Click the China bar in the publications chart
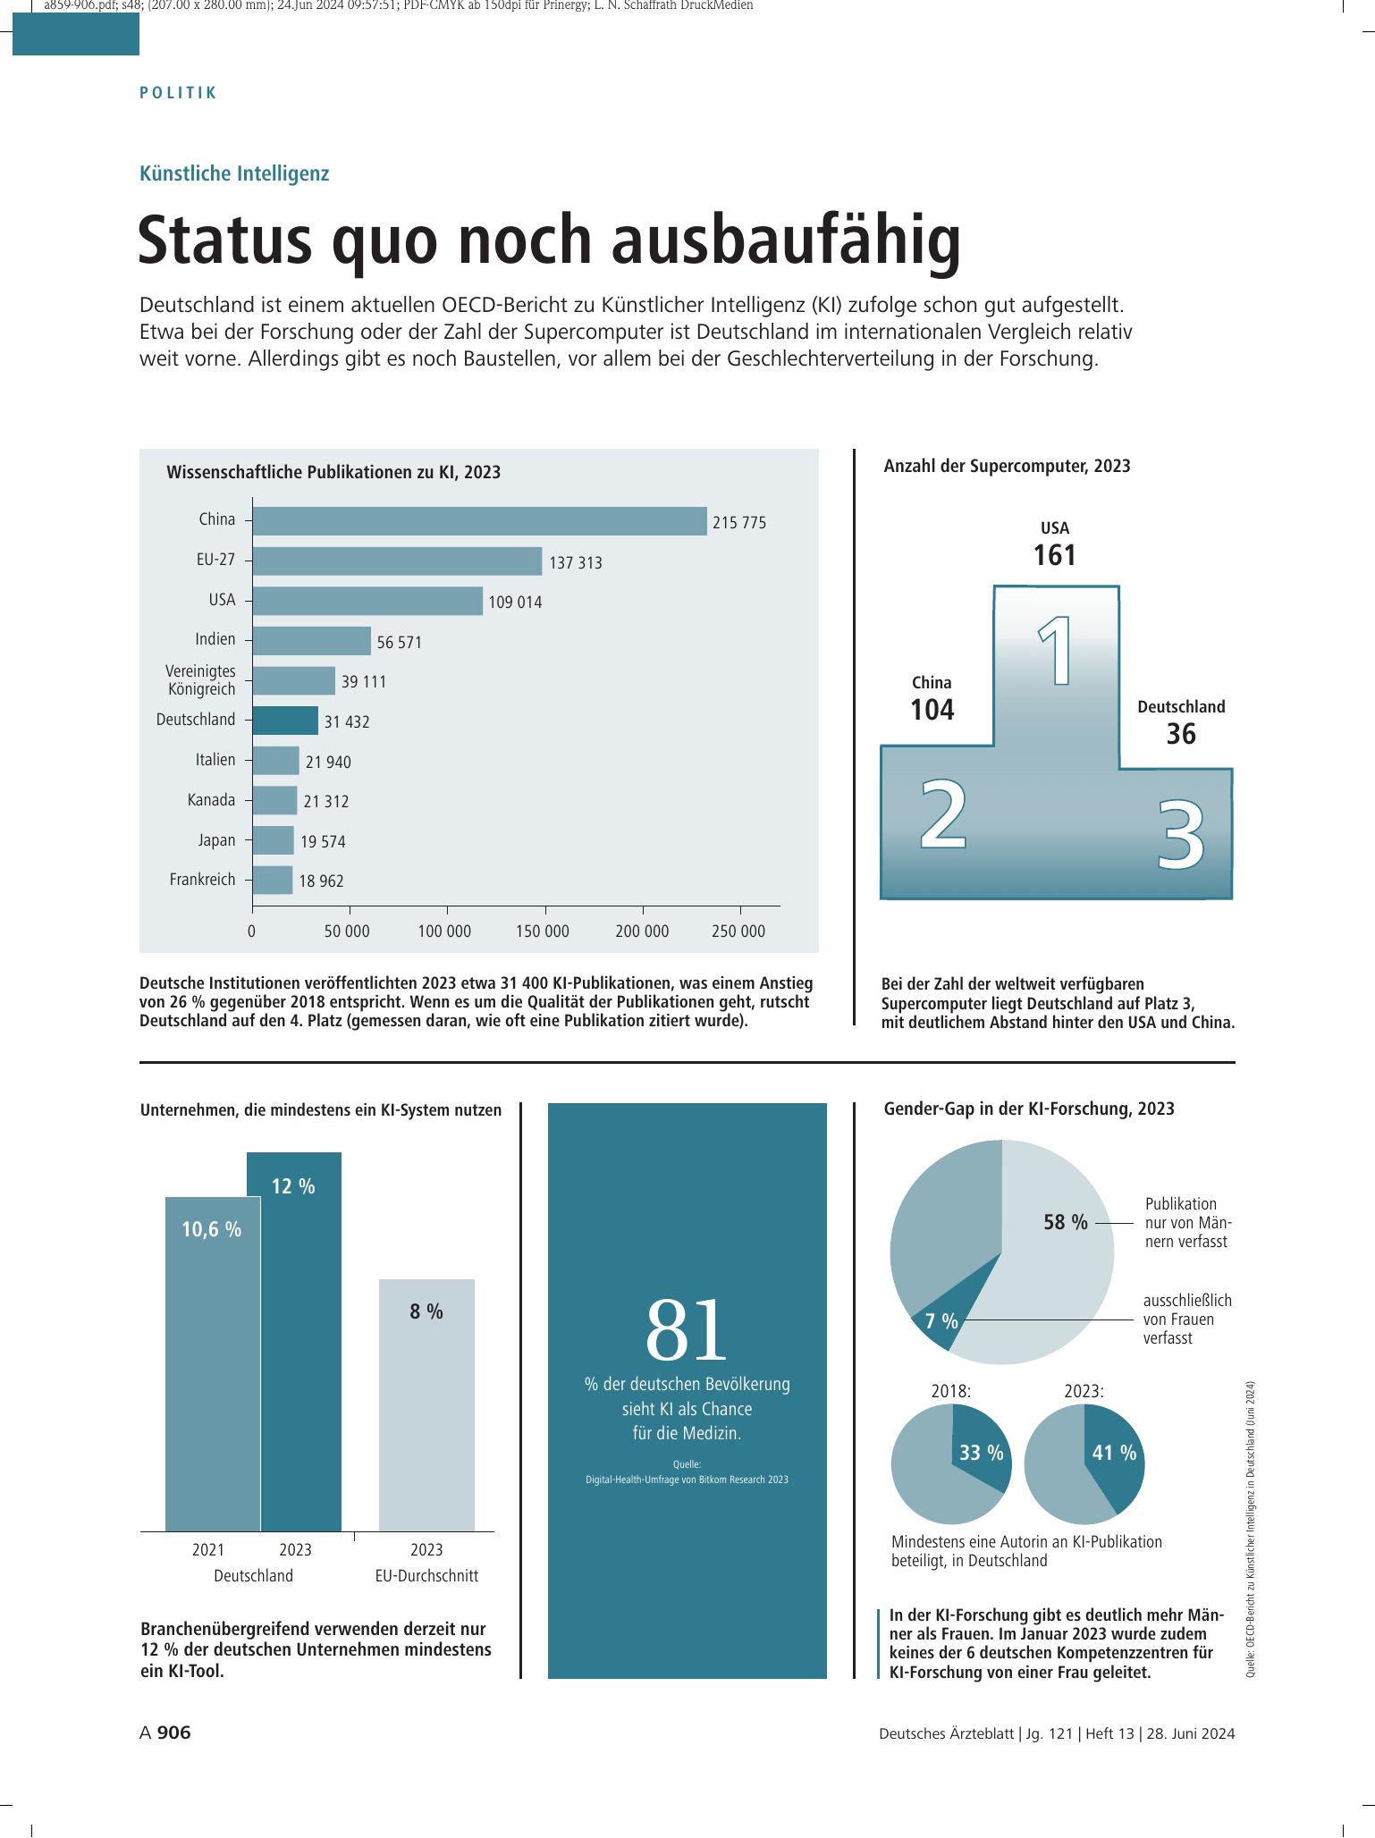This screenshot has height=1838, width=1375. pos(479,521)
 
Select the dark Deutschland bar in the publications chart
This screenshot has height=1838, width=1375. pos(285,721)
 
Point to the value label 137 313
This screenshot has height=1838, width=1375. pos(576,563)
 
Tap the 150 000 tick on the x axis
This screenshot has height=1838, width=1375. pos(543,932)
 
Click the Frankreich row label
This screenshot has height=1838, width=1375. pos(203,880)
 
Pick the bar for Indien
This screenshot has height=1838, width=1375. pos(311,641)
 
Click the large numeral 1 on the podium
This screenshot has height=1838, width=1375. pos(1057,653)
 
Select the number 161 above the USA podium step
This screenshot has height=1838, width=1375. pos(1055,555)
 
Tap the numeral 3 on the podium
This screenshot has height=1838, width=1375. pos(1181,836)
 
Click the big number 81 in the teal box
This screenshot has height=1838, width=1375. pos(687,1330)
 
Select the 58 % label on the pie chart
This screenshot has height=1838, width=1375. pos(1066,1222)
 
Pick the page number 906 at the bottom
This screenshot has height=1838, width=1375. pos(174,1733)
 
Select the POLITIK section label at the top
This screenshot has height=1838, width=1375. pos(179,93)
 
